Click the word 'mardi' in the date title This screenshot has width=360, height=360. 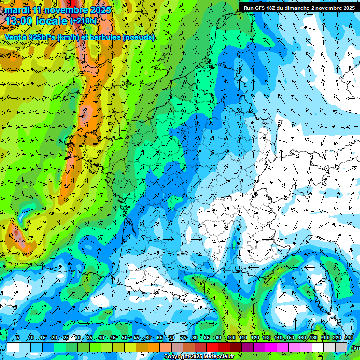tap(17, 10)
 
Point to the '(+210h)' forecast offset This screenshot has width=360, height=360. tap(83, 21)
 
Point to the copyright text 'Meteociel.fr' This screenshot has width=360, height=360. tap(218, 357)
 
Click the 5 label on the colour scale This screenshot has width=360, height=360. tap(17, 337)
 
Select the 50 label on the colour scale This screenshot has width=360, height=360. tap(124, 337)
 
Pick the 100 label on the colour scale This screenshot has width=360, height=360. tap(232, 337)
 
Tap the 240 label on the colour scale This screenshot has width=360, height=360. tap(349, 337)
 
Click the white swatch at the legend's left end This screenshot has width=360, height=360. tap(13, 347)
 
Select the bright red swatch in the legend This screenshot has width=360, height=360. tap(212, 347)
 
